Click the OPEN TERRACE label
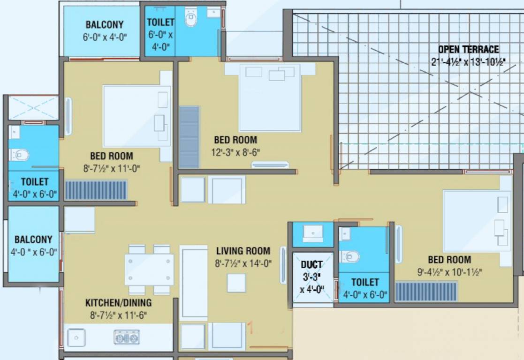pyautogui.click(x=468, y=49)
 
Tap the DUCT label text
pyautogui.click(x=311, y=265)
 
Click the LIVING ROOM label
pyautogui.click(x=243, y=251)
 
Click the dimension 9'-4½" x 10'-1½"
pyautogui.click(x=449, y=271)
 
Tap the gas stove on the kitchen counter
pyautogui.click(x=126, y=337)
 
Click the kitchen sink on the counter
pyautogui.click(x=76, y=337)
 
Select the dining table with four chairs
pyautogui.click(x=149, y=270)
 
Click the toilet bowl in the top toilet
pyautogui.click(x=191, y=19)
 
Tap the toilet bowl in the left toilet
pyautogui.click(x=20, y=154)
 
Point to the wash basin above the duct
pyautogui.click(x=312, y=233)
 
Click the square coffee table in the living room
pyautogui.click(x=236, y=283)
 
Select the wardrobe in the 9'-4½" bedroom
pyautogui.click(x=426, y=292)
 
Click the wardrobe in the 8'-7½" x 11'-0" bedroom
pyautogui.click(x=96, y=190)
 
